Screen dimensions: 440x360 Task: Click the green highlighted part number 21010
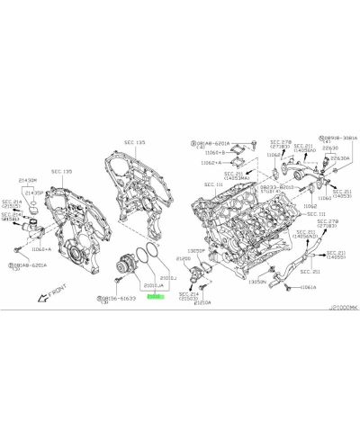point(154,293)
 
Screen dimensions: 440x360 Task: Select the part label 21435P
point(33,193)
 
